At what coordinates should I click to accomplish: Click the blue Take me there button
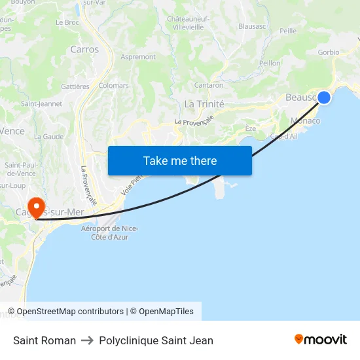[179, 160]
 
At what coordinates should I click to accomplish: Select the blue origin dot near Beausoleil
[323, 98]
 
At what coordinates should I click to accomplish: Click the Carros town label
[84, 49]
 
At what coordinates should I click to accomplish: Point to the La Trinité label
[204, 104]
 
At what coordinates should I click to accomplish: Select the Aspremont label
[138, 57]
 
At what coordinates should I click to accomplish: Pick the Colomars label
[113, 86]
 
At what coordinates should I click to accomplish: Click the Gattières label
[75, 86]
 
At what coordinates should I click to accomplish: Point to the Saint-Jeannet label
[42, 103]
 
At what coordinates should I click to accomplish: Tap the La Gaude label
[48, 136]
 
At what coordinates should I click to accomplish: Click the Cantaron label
[209, 85]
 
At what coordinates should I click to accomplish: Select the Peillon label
[269, 63]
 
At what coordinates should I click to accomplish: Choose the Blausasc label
[251, 27]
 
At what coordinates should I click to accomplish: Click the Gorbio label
[328, 52]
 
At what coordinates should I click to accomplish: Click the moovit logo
[320, 340]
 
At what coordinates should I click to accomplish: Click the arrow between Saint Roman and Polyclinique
[87, 340]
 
